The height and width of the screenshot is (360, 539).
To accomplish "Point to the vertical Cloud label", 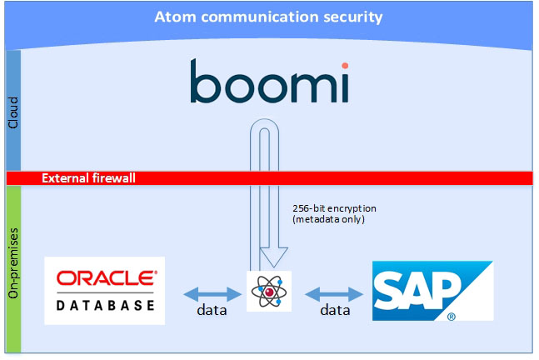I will tap(12, 111).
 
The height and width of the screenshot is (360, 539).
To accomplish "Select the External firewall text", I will tap(88, 177).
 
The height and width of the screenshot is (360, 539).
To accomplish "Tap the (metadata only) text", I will tap(328, 220).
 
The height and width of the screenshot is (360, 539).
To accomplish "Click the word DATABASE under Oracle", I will tap(106, 305).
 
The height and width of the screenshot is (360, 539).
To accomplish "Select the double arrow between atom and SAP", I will tap(334, 292).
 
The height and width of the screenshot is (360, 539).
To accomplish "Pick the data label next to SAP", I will tap(335, 311).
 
